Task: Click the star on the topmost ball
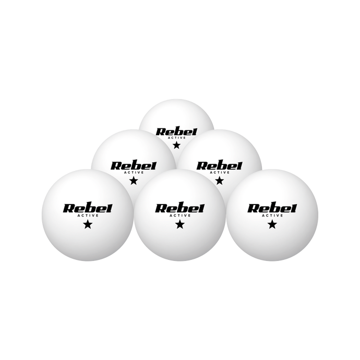176,145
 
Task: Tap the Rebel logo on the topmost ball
176,132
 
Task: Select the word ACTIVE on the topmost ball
176,138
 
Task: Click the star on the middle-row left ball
134,181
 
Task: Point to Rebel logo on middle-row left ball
134,166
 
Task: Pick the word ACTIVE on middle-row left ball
134,172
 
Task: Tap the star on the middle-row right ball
220,181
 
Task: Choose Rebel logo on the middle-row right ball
219,166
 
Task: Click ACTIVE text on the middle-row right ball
220,172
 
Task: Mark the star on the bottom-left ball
88,224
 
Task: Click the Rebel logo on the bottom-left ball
88,209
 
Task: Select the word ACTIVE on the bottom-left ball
88,215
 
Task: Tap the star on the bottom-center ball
180,224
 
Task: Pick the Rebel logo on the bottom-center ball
179,209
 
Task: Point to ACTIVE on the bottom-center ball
180,215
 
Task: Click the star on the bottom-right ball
272,224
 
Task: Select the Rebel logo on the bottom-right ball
272,209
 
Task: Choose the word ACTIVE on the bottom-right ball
272,215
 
